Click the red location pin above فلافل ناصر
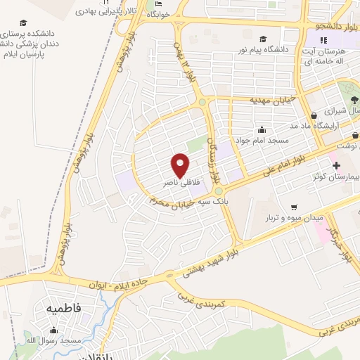pyautogui.click(x=181, y=165)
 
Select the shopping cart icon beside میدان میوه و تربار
pyautogui.click(x=293, y=207)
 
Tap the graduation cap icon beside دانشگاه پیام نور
pyautogui.click(x=263, y=39)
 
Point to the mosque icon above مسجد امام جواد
pyautogui.click(x=262, y=129)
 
